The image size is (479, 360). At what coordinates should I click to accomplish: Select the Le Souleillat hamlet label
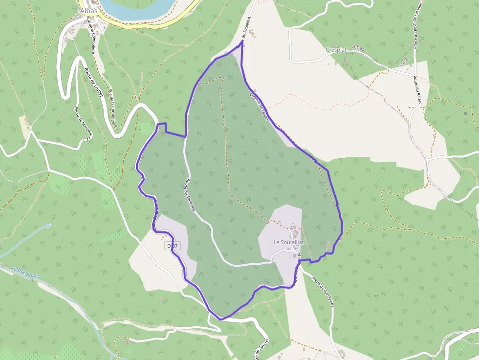click(x=288, y=242)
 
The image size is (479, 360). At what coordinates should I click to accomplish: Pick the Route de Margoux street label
click(x=77, y=122)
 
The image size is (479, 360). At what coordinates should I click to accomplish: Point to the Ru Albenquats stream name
click(x=25, y=272)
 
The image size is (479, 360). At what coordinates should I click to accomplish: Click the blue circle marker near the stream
click(x=48, y=225)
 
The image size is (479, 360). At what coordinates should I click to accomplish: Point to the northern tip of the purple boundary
click(x=242, y=42)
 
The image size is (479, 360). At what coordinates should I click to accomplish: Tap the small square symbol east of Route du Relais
click(x=465, y=113)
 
